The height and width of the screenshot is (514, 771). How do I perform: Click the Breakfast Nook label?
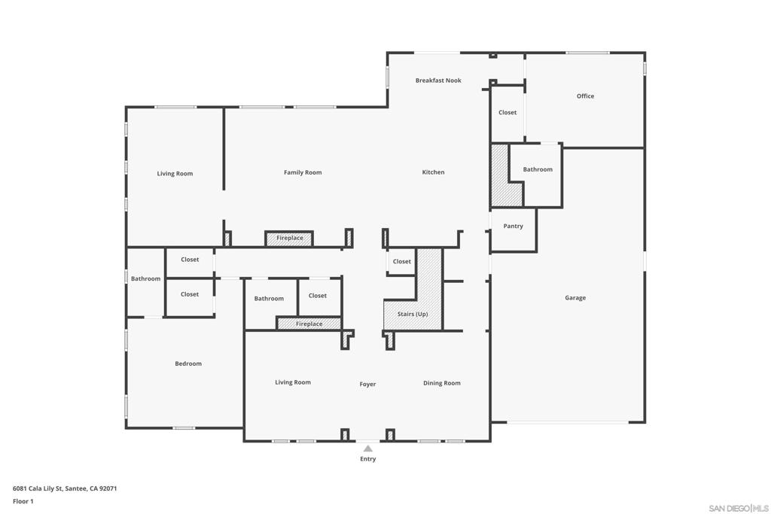click(x=438, y=81)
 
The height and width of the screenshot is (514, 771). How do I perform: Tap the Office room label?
click(x=585, y=96)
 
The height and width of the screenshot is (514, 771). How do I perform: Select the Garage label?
click(x=574, y=298)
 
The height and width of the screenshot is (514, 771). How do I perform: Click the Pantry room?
click(x=513, y=226)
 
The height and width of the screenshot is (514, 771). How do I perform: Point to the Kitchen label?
click(x=433, y=172)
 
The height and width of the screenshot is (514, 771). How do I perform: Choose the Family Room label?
click(x=303, y=172)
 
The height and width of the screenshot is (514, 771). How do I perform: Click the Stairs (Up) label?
click(x=413, y=314)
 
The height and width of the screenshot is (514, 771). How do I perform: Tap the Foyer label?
click(x=367, y=385)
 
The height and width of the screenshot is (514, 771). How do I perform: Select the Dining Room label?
click(x=441, y=383)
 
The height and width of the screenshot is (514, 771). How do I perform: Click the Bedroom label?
click(x=188, y=363)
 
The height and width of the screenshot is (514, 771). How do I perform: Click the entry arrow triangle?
click(x=367, y=449)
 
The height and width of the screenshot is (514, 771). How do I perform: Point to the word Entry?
click(x=367, y=459)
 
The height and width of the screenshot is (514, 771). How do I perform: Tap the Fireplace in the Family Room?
click(x=289, y=239)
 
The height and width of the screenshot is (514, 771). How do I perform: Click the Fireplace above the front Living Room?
click(x=309, y=324)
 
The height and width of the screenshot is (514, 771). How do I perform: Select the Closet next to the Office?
click(x=507, y=113)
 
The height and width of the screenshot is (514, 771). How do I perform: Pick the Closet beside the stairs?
click(x=402, y=261)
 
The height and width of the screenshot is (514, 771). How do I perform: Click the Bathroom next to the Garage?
click(x=538, y=169)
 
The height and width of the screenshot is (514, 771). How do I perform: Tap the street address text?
click(x=65, y=488)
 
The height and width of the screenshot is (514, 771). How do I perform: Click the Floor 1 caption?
click(x=23, y=501)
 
